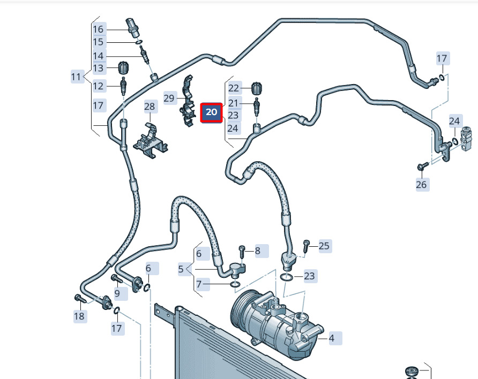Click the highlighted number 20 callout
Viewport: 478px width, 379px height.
(x=212, y=112)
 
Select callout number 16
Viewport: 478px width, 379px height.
(x=99, y=29)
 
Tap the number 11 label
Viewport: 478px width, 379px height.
(x=77, y=77)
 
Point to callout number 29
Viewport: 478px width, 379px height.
(x=169, y=98)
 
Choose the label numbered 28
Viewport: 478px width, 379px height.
(x=150, y=107)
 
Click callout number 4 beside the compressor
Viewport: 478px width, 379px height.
(x=332, y=338)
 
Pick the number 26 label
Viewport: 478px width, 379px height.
(x=422, y=185)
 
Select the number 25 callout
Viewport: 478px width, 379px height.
(x=324, y=246)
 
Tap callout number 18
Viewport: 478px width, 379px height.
(x=79, y=316)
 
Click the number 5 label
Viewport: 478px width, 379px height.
(x=181, y=269)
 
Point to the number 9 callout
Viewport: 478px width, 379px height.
(x=117, y=293)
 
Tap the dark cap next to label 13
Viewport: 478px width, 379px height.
(x=124, y=69)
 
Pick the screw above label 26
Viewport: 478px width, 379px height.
(x=421, y=166)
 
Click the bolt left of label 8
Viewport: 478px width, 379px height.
(x=242, y=250)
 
